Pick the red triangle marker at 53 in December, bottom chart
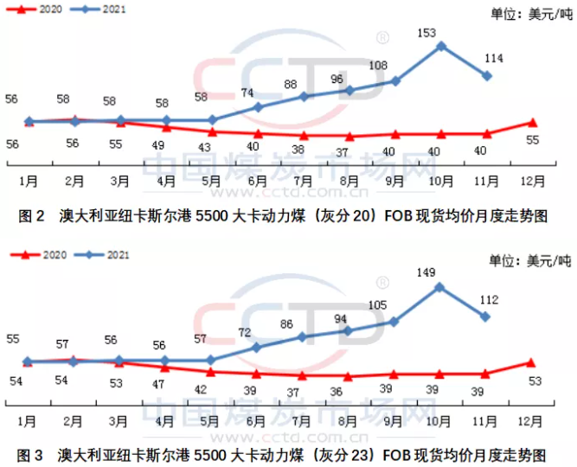[x=532, y=363]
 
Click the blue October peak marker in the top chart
[x=440, y=46]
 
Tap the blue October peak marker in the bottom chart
[x=440, y=286]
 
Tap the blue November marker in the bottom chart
[x=486, y=317]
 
